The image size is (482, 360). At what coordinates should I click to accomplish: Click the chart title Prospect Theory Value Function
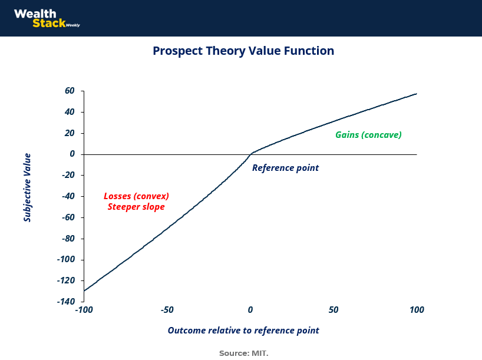pyautogui.click(x=243, y=51)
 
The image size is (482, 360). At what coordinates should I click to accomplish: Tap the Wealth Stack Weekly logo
pyautogui.click(x=47, y=18)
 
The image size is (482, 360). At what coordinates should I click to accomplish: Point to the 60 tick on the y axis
pyautogui.click(x=70, y=91)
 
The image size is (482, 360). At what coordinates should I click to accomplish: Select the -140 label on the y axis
pyautogui.click(x=66, y=301)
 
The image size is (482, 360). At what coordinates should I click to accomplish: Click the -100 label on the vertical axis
pyautogui.click(x=66, y=259)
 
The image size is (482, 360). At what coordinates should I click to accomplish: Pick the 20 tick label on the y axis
pyautogui.click(x=70, y=133)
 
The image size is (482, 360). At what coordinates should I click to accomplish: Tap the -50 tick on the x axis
pyautogui.click(x=167, y=309)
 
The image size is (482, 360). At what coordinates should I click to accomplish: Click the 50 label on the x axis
pyautogui.click(x=334, y=309)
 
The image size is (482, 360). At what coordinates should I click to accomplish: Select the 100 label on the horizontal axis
pyautogui.click(x=417, y=309)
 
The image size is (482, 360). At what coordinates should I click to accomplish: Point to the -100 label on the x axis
pyautogui.click(x=84, y=309)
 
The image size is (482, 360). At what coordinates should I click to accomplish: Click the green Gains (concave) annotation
pyautogui.click(x=368, y=135)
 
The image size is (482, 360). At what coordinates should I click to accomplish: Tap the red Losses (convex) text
pyautogui.click(x=136, y=196)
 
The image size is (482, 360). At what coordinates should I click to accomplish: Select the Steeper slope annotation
pyautogui.click(x=136, y=207)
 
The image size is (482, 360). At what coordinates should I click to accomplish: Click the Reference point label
pyautogui.click(x=285, y=168)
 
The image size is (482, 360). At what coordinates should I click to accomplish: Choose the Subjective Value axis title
pyautogui.click(x=27, y=187)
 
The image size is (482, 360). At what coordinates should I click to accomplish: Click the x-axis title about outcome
pyautogui.click(x=243, y=331)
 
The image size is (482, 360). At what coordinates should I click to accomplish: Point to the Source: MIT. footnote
pyautogui.click(x=243, y=354)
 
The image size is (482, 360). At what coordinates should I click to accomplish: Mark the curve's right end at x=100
pyautogui.click(x=417, y=94)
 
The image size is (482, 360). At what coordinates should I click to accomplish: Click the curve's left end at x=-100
pyautogui.click(x=84, y=290)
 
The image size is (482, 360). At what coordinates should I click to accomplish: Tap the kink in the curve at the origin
pyautogui.click(x=250, y=154)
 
